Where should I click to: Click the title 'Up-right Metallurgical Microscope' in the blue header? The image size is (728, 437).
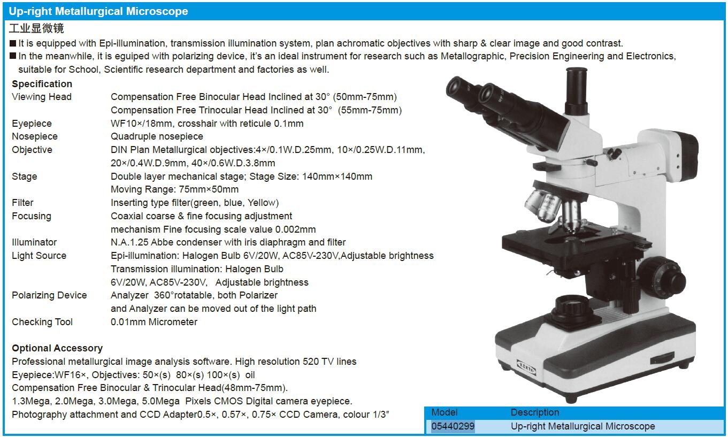tap(98, 11)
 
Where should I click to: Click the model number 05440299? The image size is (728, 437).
tap(453, 426)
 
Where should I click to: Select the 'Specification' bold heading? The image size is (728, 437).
tap(42, 84)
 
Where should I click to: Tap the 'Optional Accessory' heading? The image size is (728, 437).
tap(57, 348)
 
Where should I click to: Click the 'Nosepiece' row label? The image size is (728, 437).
tap(34, 136)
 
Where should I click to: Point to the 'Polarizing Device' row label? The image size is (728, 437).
tap(49, 295)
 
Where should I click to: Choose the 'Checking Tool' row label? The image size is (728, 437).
tap(42, 322)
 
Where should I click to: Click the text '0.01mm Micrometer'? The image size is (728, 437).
tap(154, 322)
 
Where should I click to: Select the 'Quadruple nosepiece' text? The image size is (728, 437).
tap(157, 136)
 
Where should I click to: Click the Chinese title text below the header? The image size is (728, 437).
tap(36, 28)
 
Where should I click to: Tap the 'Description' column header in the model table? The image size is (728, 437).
tap(535, 412)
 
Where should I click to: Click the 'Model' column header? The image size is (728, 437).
tap(445, 412)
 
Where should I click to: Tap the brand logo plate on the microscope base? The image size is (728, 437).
tap(526, 367)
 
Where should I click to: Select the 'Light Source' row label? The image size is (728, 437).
tap(39, 256)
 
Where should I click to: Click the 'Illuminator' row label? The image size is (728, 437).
tap(34, 242)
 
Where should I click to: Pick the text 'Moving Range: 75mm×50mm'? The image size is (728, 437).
tap(174, 189)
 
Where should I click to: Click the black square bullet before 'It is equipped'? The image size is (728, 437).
tap(13, 43)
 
